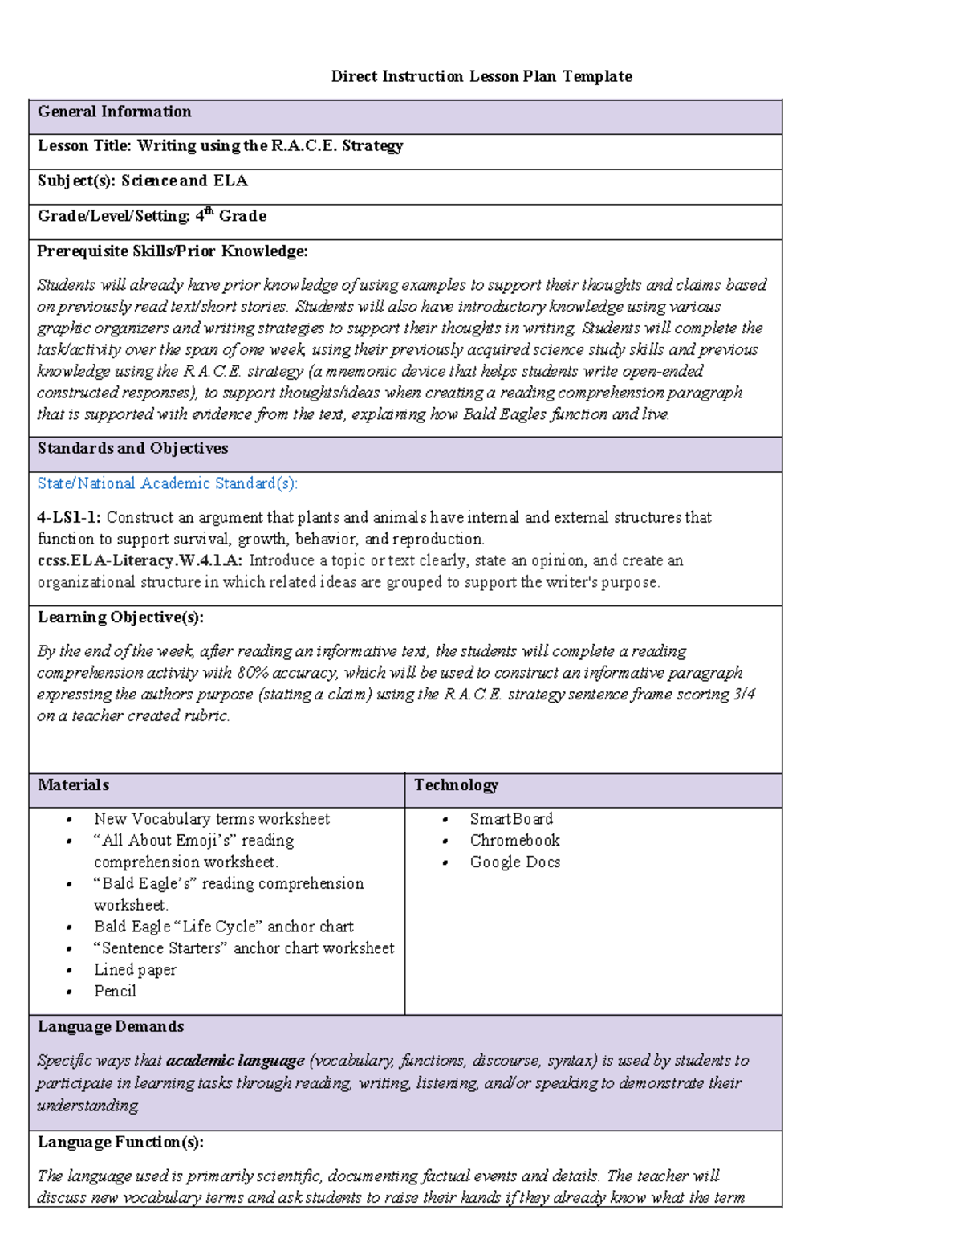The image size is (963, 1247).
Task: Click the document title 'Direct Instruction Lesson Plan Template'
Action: pyautogui.click(x=481, y=76)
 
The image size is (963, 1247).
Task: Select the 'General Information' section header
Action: pyautogui.click(x=114, y=112)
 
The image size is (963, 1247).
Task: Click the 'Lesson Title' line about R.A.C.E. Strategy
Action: pyautogui.click(x=220, y=145)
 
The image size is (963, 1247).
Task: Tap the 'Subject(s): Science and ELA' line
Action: pyautogui.click(x=142, y=181)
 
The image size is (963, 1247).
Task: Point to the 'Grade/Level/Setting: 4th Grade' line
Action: pyautogui.click(x=152, y=216)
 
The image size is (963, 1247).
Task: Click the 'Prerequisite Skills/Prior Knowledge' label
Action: pyautogui.click(x=173, y=251)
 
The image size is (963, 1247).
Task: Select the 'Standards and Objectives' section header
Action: pyautogui.click(x=132, y=448)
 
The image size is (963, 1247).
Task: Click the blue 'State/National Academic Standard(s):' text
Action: pyautogui.click(x=167, y=483)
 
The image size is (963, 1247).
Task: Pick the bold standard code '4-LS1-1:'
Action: pyautogui.click(x=69, y=518)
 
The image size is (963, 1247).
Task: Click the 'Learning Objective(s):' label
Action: pyautogui.click(x=120, y=617)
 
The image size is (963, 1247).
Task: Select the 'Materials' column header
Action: pyautogui.click(x=73, y=785)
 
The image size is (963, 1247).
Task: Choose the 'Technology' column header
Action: pyautogui.click(x=456, y=785)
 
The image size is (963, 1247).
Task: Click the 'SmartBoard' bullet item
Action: pyautogui.click(x=511, y=819)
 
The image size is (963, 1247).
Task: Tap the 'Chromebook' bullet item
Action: pyautogui.click(x=514, y=841)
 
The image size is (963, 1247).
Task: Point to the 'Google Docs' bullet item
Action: pyautogui.click(x=514, y=862)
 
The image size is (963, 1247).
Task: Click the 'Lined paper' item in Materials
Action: pyautogui.click(x=135, y=970)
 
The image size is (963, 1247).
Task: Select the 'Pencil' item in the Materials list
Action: pyautogui.click(x=115, y=992)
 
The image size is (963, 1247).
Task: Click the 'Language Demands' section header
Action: pyautogui.click(x=111, y=1026)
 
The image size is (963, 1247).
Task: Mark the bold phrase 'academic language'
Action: pyautogui.click(x=235, y=1061)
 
